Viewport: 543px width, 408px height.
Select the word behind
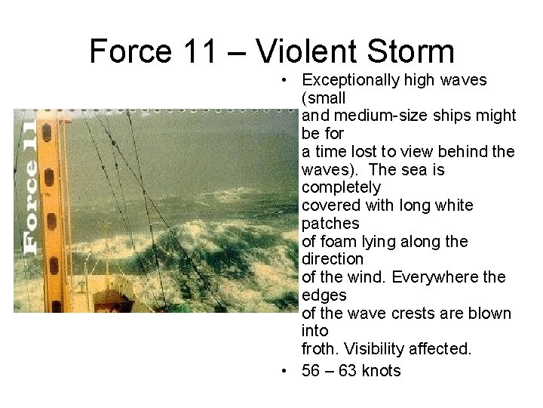tap(465, 152)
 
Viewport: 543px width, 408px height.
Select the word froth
tap(320, 349)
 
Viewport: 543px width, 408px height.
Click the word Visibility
tap(377, 349)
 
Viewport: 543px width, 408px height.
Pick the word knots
tap(381, 371)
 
